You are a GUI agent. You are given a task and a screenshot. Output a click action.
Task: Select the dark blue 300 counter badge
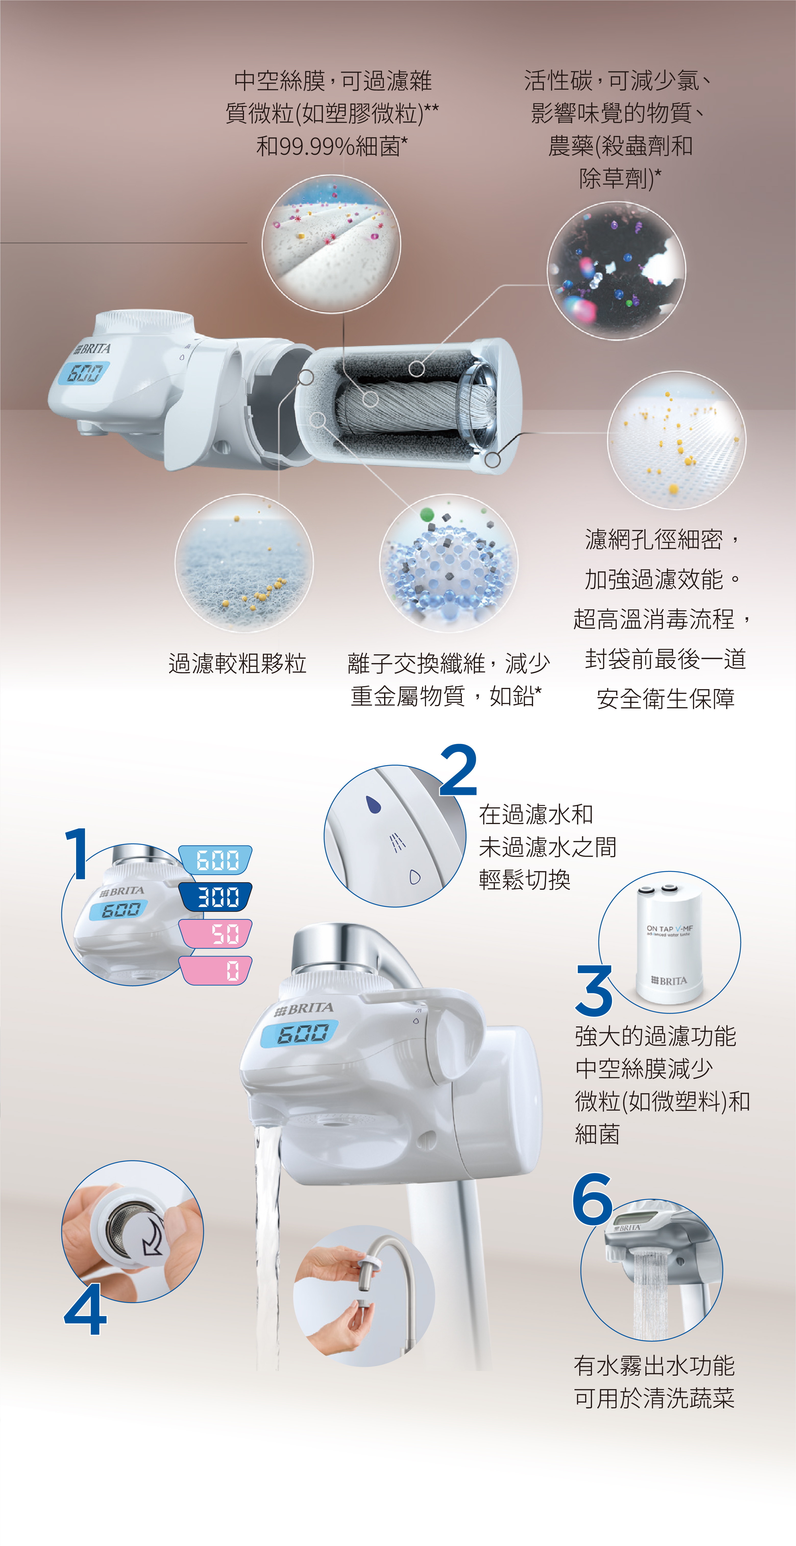pyautogui.click(x=215, y=897)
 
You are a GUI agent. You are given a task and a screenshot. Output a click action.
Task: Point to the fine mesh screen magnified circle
pyautogui.click(x=677, y=440)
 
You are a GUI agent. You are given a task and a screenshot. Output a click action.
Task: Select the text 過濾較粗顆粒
pyautogui.click(x=238, y=664)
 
